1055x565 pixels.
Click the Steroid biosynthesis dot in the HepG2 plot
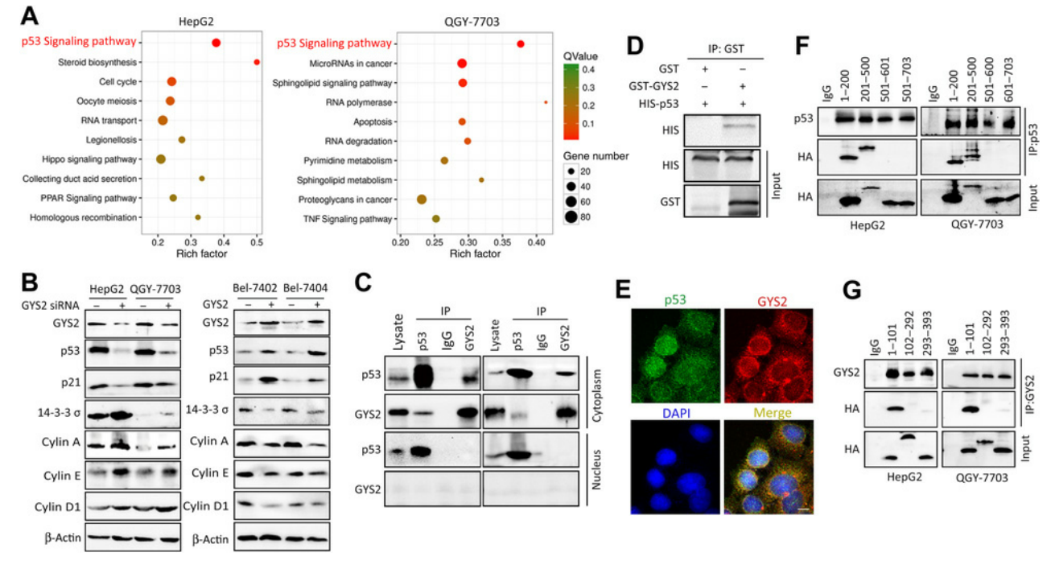(257, 62)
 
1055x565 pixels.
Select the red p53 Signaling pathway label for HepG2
(78, 43)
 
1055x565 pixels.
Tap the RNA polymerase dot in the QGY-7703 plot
(546, 102)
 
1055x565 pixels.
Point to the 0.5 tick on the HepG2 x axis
(257, 241)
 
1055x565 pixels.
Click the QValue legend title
(580, 56)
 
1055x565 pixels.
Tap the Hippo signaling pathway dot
(161, 159)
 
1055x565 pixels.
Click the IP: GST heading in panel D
(727, 50)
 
